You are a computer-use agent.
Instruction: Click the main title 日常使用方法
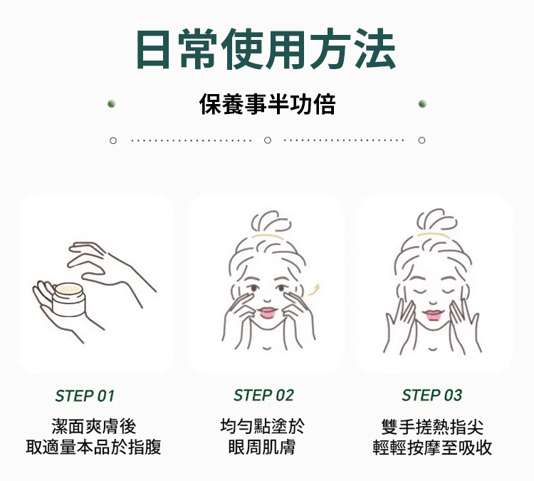[x=266, y=48]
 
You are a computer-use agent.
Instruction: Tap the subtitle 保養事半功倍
[x=267, y=104]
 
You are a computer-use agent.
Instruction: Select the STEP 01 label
[x=85, y=395]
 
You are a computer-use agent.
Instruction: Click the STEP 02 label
[x=263, y=395]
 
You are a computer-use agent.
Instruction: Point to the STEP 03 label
[x=432, y=395]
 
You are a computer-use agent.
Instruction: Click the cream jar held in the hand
[x=68, y=299]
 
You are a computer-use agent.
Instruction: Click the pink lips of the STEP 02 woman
[x=267, y=313]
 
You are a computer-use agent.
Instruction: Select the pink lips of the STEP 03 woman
[x=433, y=316]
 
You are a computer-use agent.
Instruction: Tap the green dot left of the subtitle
[x=111, y=103]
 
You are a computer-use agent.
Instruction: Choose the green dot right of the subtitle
[x=422, y=103]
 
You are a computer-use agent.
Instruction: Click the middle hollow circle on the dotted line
[x=268, y=140]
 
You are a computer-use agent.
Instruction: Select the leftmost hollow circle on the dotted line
[x=113, y=140]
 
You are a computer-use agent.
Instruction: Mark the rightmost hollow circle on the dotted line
[x=422, y=140]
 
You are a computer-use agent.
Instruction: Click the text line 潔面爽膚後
[x=94, y=426]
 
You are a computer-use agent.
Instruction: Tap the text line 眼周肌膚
[x=262, y=448]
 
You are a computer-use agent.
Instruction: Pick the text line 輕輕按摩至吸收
[x=432, y=448]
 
